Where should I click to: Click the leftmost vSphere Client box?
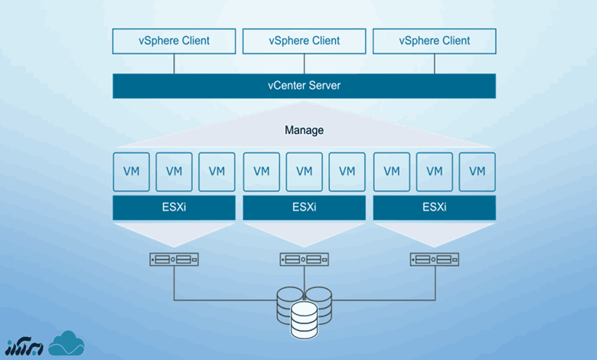pyautogui.click(x=174, y=41)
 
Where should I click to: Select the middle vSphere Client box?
pyautogui.click(x=304, y=41)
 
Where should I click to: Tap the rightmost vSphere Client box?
pyautogui.click(x=434, y=41)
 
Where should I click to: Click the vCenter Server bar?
pyautogui.click(x=304, y=86)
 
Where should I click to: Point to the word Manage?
pyautogui.click(x=304, y=130)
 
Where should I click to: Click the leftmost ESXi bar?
pyautogui.click(x=174, y=208)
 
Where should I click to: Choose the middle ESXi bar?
pyautogui.click(x=304, y=208)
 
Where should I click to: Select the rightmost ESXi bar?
pyautogui.click(x=434, y=208)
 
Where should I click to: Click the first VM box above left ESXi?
pyautogui.click(x=131, y=171)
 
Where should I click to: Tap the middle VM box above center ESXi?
pyautogui.click(x=304, y=171)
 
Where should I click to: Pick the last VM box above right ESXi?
pyautogui.click(x=477, y=171)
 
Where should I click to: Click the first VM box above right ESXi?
pyautogui.click(x=391, y=171)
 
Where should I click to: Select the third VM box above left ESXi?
pyautogui.click(x=217, y=171)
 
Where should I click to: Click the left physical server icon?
pyautogui.click(x=174, y=260)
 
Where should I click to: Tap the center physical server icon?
pyautogui.click(x=304, y=260)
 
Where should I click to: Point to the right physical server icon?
pyautogui.click(x=434, y=260)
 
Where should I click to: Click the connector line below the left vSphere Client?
pyautogui.click(x=174, y=64)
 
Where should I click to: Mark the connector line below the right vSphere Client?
pyautogui.click(x=434, y=64)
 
